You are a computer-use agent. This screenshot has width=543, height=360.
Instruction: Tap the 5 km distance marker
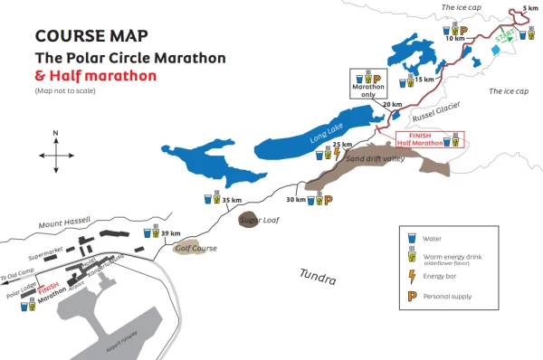(530, 8)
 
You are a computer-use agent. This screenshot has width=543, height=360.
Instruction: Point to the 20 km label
(392, 104)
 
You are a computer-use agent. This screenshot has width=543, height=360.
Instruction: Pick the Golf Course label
(193, 247)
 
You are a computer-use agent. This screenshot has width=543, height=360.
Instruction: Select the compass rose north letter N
(55, 135)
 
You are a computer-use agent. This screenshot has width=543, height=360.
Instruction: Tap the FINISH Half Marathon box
(433, 140)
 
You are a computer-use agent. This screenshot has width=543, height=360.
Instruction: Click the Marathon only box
(370, 87)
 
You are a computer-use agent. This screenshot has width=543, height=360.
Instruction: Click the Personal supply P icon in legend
(412, 296)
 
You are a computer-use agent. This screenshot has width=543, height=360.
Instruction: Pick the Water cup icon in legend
(412, 238)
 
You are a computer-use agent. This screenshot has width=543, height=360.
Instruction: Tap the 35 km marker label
(233, 200)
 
